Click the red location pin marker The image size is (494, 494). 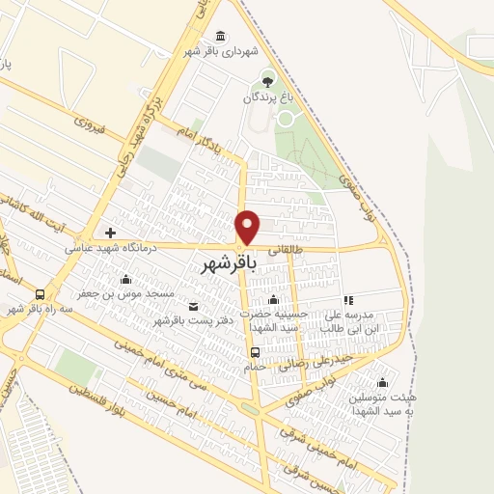pyautogui.click(x=248, y=227)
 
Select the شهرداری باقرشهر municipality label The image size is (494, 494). pyautogui.click(x=211, y=52)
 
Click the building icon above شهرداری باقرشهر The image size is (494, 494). pyautogui.click(x=222, y=37)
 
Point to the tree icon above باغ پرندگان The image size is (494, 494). pyautogui.click(x=267, y=78)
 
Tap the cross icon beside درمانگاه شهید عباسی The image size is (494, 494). pyautogui.click(x=110, y=233)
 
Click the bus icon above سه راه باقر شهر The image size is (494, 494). pyautogui.click(x=41, y=294)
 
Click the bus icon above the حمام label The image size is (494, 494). pyautogui.click(x=255, y=352)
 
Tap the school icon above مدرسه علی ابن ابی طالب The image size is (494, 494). pyautogui.click(x=348, y=300)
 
